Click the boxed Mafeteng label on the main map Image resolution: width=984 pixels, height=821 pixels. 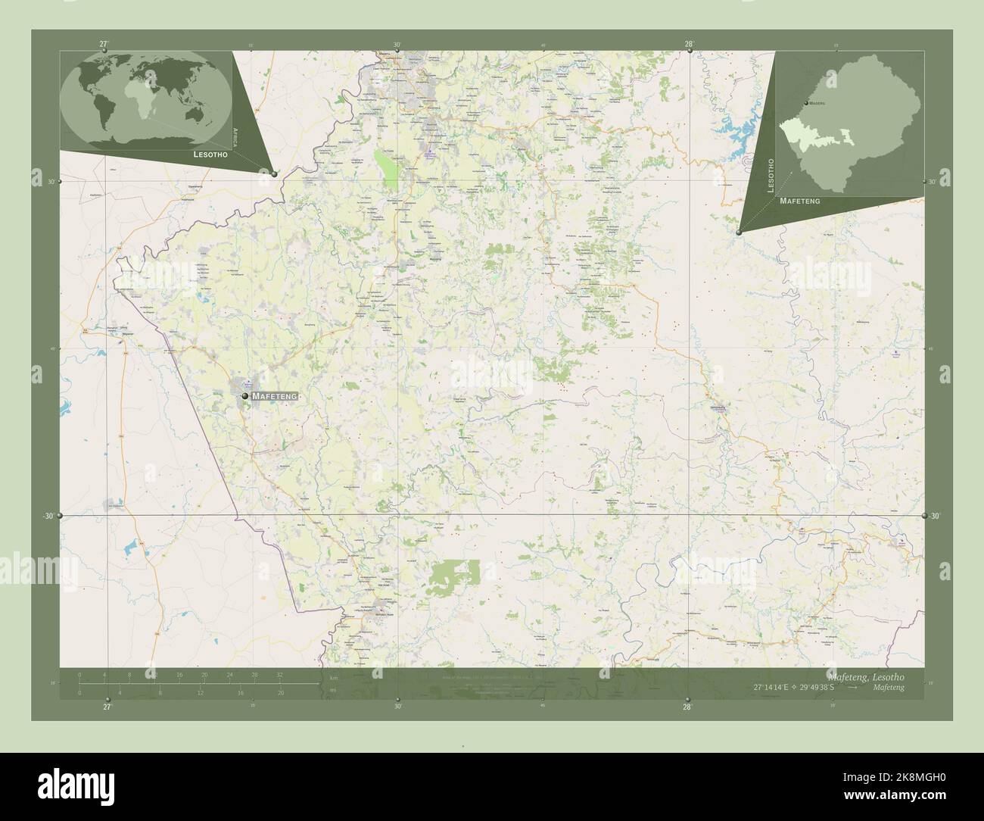pos(275,396)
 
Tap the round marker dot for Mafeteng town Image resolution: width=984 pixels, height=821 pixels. pos(245,395)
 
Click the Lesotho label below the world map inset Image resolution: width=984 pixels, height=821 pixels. pos(213,154)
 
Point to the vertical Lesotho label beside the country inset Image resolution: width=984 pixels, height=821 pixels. pos(771,176)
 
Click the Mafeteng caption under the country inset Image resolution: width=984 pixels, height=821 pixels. pos(800,201)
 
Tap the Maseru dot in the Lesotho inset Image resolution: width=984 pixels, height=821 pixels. pos(805,102)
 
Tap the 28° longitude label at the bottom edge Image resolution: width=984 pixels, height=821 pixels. pos(687,707)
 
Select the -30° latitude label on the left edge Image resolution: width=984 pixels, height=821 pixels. pos(48,516)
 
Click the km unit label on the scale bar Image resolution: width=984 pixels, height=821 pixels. pos(332,679)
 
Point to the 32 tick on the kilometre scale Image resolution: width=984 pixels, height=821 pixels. pos(279,674)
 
